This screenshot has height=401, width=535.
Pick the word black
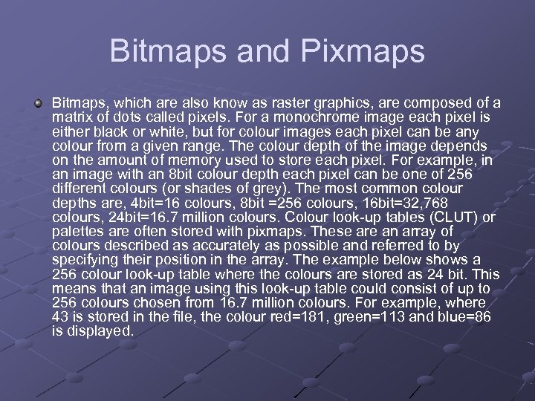[108, 131]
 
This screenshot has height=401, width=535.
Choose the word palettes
[78, 231]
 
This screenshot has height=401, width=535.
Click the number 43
[62, 316]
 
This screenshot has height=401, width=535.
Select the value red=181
[305, 316]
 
